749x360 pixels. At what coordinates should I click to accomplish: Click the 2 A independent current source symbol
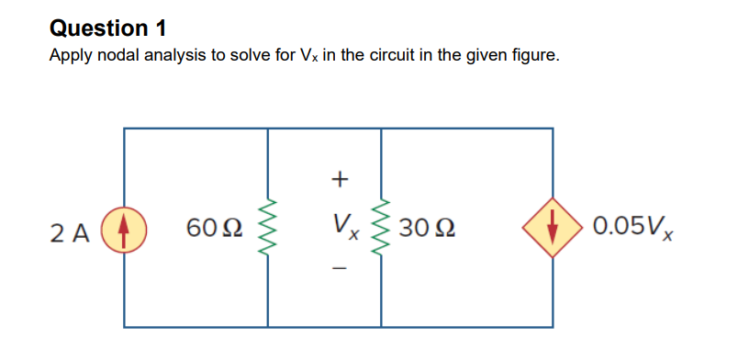(x=125, y=227)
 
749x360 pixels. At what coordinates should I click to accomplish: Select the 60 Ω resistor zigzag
(x=268, y=227)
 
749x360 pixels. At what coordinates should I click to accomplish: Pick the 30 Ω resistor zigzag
(x=380, y=227)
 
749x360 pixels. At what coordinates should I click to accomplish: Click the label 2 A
(x=74, y=230)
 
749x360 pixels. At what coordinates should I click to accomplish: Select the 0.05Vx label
(x=634, y=227)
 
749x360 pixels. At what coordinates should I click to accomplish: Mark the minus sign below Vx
(x=341, y=269)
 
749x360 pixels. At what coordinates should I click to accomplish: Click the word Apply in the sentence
(x=68, y=56)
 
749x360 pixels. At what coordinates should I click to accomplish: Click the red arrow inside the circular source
(x=125, y=227)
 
